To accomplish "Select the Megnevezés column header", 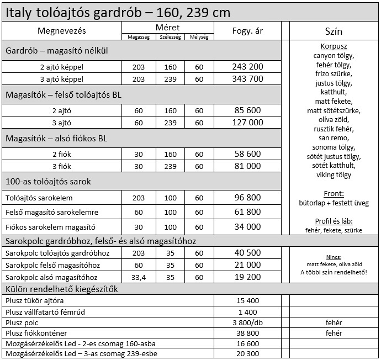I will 62,30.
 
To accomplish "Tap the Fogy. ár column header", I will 247,30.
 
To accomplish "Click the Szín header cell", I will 334,31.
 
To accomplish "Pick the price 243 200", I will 247,66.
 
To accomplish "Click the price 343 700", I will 247,78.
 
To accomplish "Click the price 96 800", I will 247,198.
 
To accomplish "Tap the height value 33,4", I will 139,277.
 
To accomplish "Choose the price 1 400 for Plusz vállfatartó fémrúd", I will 247,312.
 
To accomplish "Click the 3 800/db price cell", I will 247,322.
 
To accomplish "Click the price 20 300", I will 247,354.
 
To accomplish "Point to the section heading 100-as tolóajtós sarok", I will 49,181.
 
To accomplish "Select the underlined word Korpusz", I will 334,46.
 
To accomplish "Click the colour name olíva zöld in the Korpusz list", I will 334,119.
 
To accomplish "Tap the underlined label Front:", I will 334,194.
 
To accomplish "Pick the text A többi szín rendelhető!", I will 334,272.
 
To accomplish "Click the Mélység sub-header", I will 199,37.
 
